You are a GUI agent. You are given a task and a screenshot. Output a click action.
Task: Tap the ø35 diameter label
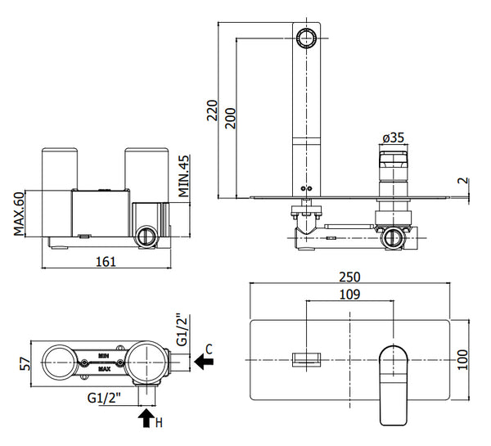pyautogui.click(x=394, y=137)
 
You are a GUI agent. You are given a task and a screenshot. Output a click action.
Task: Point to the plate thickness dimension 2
pyautogui.click(x=463, y=181)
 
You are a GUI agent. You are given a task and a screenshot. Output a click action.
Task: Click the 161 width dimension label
pyautogui.click(x=104, y=261)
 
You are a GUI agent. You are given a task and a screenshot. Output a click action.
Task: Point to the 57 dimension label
pyautogui.click(x=25, y=362)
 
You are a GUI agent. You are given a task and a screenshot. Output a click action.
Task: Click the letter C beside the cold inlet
pyautogui.click(x=209, y=349)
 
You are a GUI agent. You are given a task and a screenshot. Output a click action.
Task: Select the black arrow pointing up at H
pyautogui.click(x=146, y=419)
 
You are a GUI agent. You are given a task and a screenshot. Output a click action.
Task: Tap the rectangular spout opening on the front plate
pyautogui.click(x=307, y=358)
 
